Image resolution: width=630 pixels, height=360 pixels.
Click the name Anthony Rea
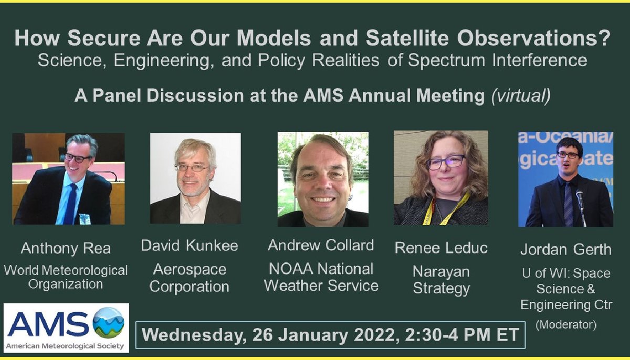pyautogui.click(x=65, y=248)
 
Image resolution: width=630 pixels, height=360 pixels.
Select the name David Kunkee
pyautogui.click(x=189, y=246)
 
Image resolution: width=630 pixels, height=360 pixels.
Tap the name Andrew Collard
pyautogui.click(x=321, y=245)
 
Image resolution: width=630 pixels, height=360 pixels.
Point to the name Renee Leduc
pyautogui.click(x=441, y=248)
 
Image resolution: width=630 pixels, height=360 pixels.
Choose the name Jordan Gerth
pyautogui.click(x=566, y=250)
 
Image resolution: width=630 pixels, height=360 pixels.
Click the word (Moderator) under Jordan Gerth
pyautogui.click(x=566, y=325)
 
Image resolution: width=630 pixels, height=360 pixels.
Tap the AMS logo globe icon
pyautogui.click(x=109, y=323)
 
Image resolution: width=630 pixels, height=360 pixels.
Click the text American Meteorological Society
pyautogui.click(x=66, y=345)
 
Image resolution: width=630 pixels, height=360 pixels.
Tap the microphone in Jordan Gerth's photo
pyautogui.click(x=580, y=198)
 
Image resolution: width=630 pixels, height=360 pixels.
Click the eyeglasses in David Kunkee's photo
pyautogui.click(x=192, y=168)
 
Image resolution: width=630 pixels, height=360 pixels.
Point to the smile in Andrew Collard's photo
pyautogui.click(x=322, y=199)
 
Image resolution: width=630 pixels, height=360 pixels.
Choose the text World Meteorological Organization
pyautogui.click(x=66, y=278)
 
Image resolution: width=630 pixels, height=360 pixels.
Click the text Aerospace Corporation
pyautogui.click(x=190, y=278)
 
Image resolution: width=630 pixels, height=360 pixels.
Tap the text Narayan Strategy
pyautogui.click(x=441, y=280)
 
